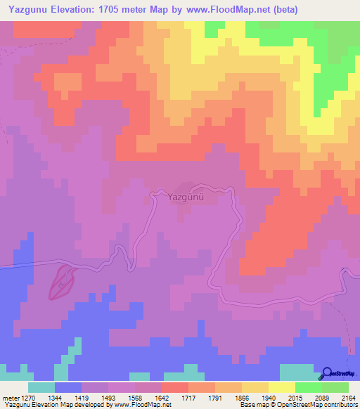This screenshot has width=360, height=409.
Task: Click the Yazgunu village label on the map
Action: (x=186, y=197)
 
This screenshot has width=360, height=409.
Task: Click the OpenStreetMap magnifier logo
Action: (x=327, y=373)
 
